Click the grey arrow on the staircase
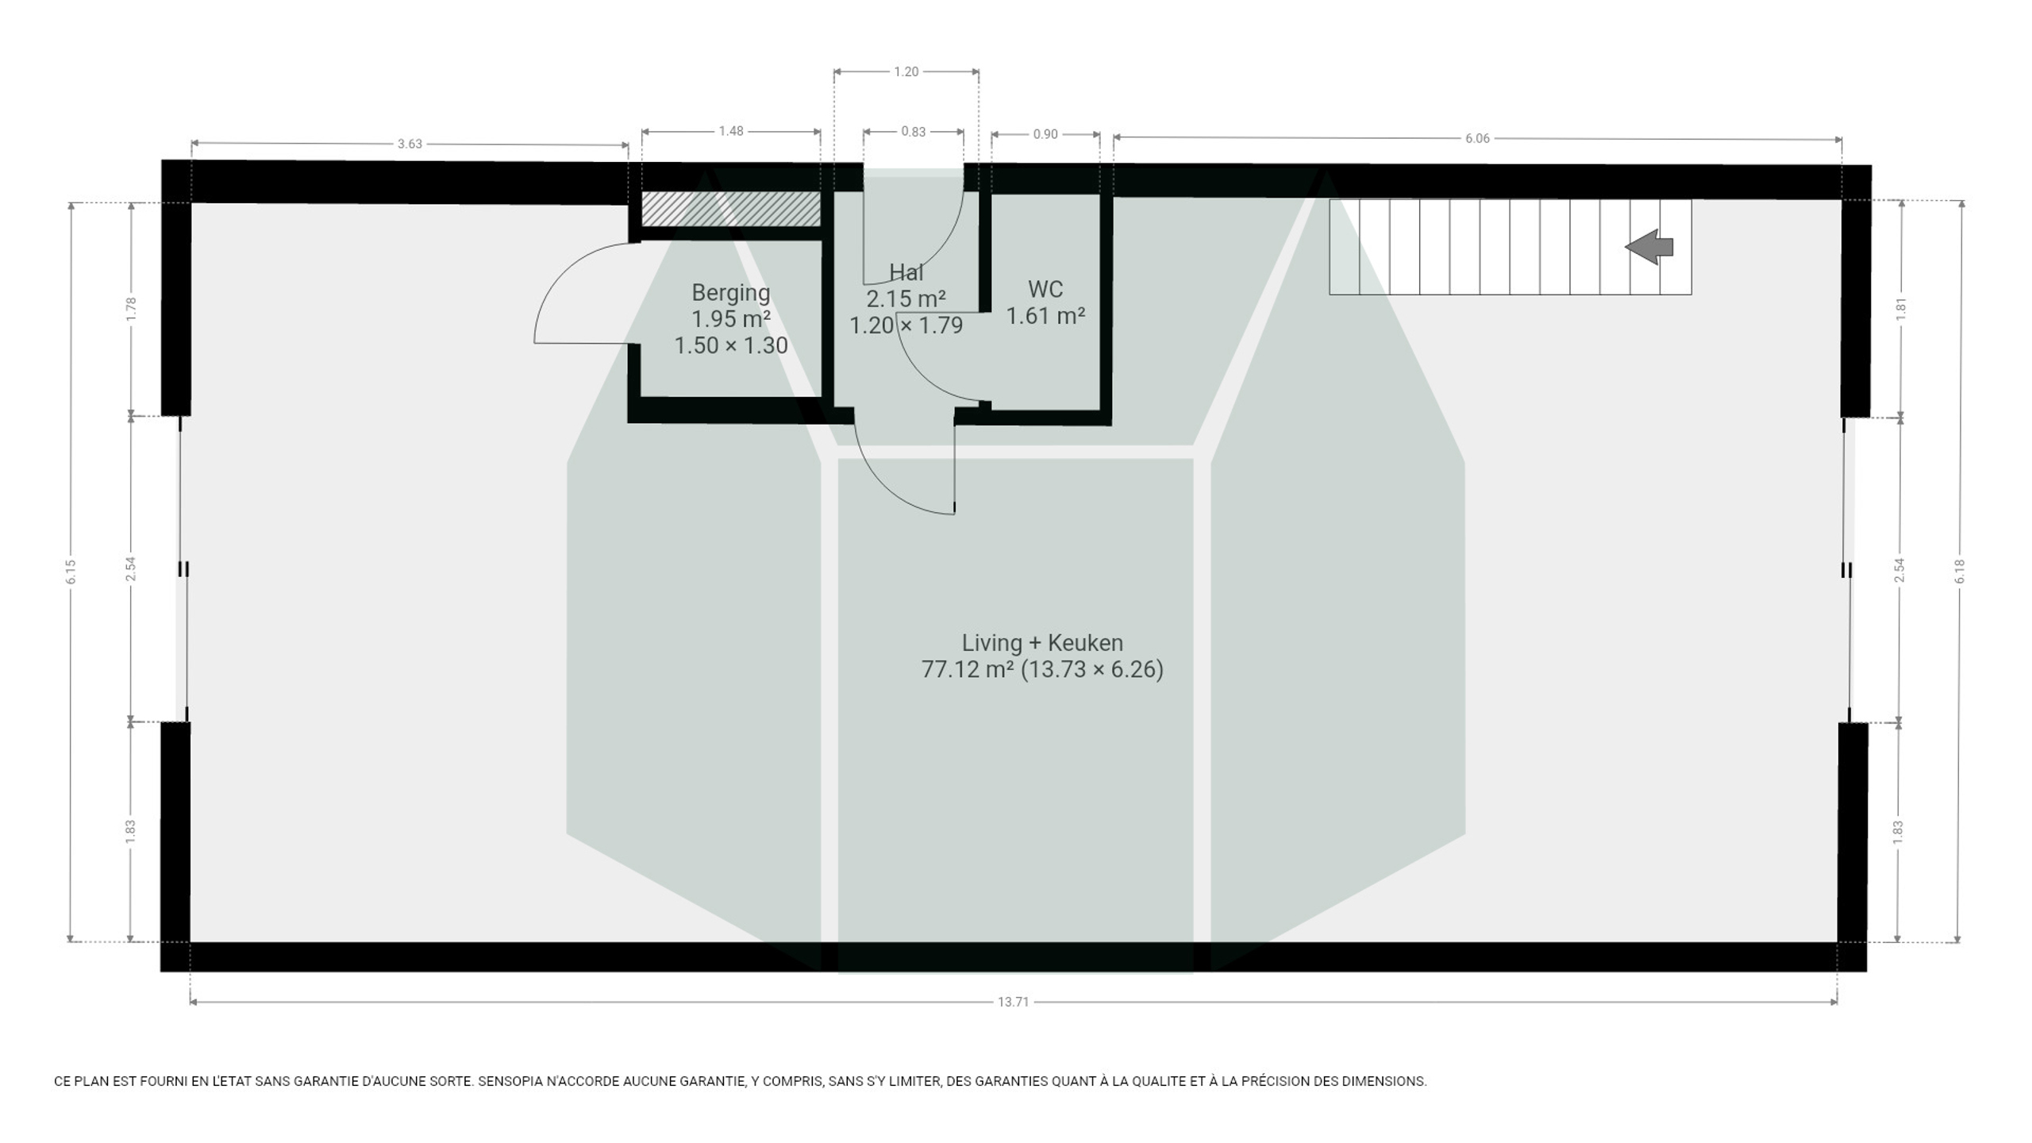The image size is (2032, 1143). coord(1649,247)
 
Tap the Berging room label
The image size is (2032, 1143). coord(731,293)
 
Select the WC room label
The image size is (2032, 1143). coord(1045,289)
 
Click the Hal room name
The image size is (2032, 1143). coord(906,272)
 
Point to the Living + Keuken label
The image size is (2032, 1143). coord(1042,642)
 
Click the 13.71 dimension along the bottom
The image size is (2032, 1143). coord(1013,1002)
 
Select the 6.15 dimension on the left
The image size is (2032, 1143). coord(71,571)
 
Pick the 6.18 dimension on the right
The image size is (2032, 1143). coord(1960,571)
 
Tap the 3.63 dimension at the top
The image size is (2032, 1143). coord(410,144)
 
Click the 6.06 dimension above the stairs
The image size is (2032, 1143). coord(1477,138)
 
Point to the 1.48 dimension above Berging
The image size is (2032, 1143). coord(731,131)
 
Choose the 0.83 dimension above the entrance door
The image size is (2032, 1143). coord(913,132)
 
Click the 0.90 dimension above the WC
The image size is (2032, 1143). coord(1045,134)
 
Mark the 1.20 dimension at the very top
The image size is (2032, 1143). coord(906,71)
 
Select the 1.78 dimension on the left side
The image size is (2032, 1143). coord(132,309)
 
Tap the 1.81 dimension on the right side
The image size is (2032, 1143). coord(1900,309)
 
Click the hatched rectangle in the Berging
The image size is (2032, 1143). coord(730,209)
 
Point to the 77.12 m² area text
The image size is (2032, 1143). coord(968,669)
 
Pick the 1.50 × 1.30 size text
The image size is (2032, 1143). coord(731,345)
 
